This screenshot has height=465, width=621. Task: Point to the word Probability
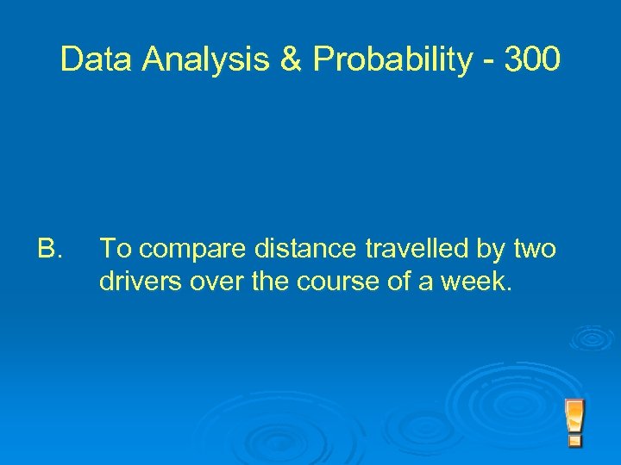click(392, 60)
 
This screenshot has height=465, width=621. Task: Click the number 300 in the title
click(531, 60)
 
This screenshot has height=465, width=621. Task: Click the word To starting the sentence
click(116, 250)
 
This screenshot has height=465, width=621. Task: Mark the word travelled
click(417, 250)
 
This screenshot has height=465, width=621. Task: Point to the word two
click(536, 250)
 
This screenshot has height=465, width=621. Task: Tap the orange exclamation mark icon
click(574, 422)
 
